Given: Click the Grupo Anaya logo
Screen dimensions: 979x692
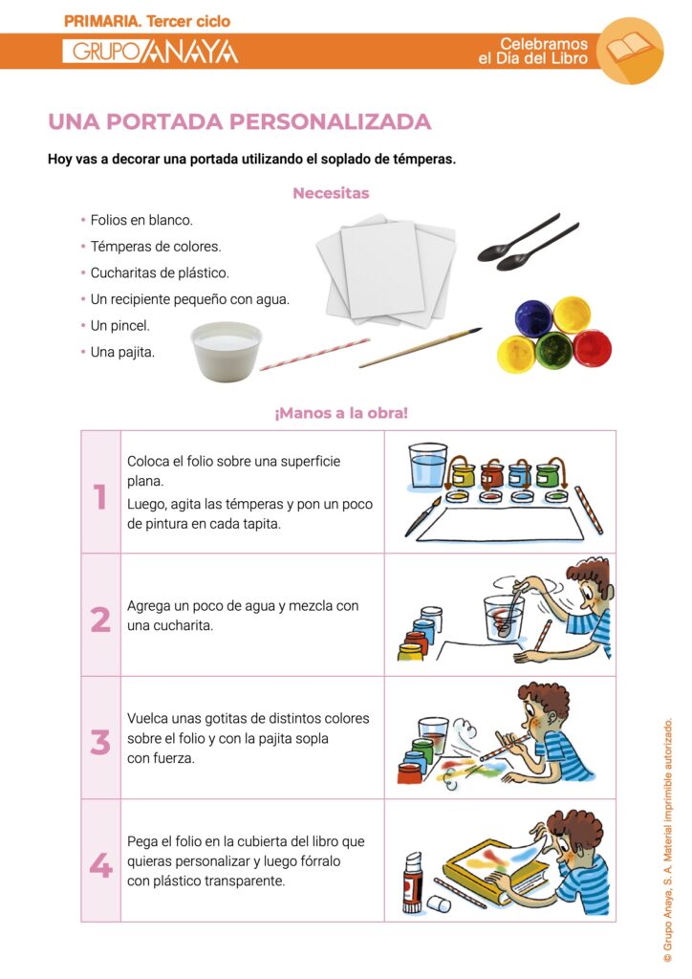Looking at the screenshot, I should tap(150, 52).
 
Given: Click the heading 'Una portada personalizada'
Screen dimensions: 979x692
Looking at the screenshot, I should tap(239, 122).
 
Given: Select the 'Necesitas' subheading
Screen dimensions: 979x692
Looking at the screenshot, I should tap(331, 193).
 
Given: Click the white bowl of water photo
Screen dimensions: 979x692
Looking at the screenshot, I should tap(226, 350).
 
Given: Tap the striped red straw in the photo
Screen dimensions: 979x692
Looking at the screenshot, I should tap(314, 354).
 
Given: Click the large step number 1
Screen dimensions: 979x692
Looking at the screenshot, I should tap(100, 497).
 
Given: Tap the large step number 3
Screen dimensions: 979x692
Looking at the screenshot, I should tap(100, 742).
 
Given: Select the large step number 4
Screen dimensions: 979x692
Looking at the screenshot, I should tap(100, 865).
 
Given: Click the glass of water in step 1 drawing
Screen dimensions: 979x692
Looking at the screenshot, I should tap(427, 468).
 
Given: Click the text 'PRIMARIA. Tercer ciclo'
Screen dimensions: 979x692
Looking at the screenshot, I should tap(147, 21).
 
